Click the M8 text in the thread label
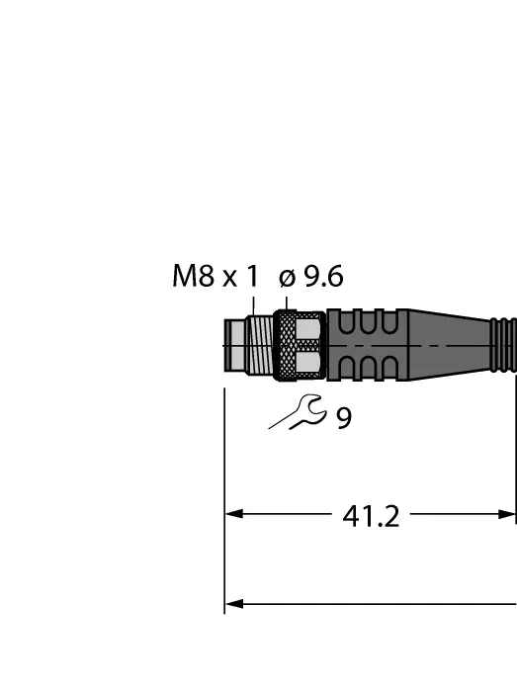(194, 277)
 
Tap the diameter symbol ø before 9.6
(288, 279)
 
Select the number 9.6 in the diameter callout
(323, 277)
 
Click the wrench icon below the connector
(297, 412)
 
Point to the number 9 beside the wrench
(343, 418)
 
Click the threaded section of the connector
(259, 345)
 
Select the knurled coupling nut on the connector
(285, 345)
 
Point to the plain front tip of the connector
(235, 345)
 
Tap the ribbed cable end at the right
(504, 345)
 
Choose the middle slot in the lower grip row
(364, 367)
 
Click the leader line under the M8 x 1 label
(254, 303)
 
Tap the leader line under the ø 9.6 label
(285, 302)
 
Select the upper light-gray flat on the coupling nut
(309, 328)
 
